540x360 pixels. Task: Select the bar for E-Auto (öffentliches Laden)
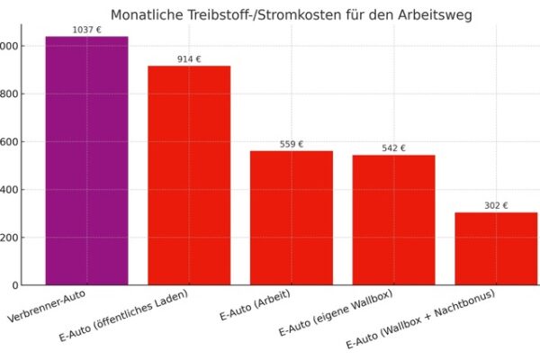pyautogui.click(x=189, y=175)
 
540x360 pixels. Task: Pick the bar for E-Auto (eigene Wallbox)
pyautogui.click(x=393, y=220)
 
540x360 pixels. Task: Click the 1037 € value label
pyautogui.click(x=86, y=30)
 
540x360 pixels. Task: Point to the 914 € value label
pyautogui.click(x=189, y=59)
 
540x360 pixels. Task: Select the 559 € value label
pyautogui.click(x=291, y=144)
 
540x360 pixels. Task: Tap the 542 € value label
pyautogui.click(x=393, y=148)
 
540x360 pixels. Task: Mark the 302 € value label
pyautogui.click(x=496, y=206)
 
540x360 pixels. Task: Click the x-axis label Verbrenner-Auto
pyautogui.click(x=53, y=303)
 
